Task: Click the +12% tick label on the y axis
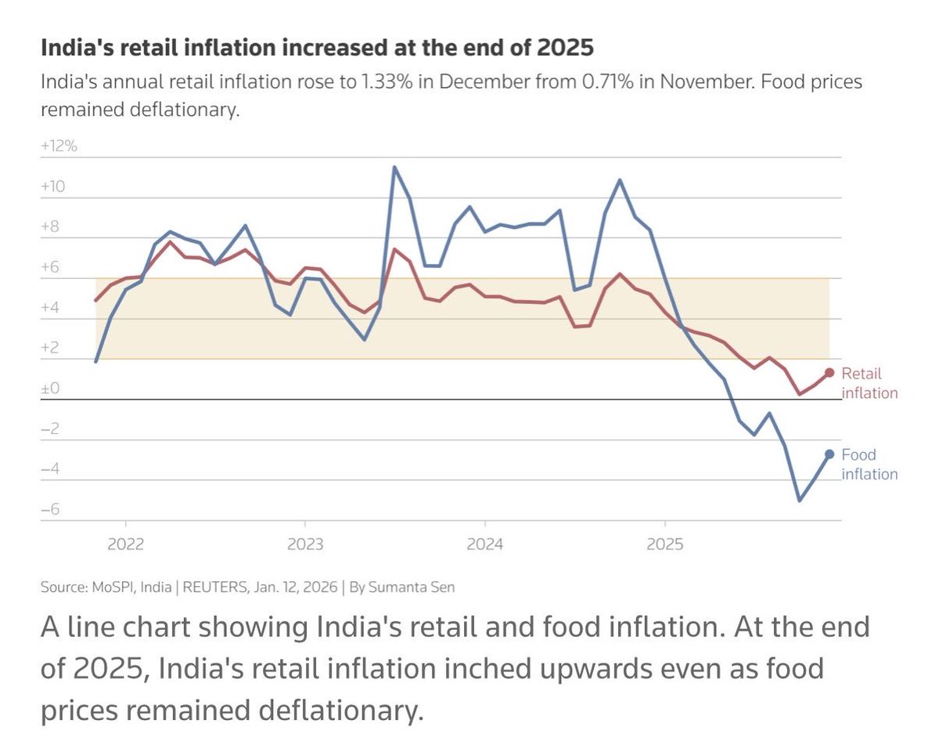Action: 59,146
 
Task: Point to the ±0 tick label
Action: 51,389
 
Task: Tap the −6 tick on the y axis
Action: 51,510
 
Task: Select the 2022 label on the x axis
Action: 125,544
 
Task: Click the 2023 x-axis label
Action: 305,544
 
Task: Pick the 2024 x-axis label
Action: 485,544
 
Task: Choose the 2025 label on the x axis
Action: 664,544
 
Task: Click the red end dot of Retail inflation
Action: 829,373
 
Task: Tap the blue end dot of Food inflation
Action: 829,454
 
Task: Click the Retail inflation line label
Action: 869,383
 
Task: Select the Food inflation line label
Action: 869,464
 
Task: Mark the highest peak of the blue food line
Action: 394,167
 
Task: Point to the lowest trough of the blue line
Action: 799,500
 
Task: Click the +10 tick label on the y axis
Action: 53,186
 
